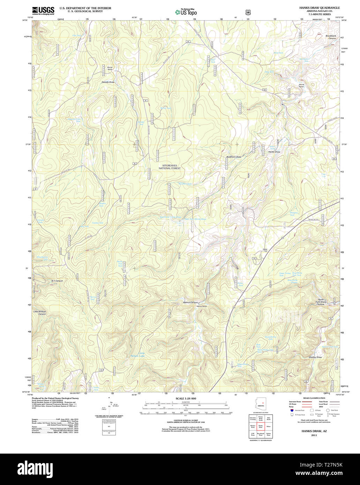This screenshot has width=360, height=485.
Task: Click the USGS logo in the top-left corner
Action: tap(43, 10)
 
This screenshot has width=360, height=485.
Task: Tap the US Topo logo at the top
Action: tap(186, 12)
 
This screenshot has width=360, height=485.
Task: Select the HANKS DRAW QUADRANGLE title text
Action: tap(319, 8)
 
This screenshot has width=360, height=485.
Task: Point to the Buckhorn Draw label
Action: tap(234, 157)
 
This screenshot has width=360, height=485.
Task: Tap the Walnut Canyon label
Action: tap(190, 303)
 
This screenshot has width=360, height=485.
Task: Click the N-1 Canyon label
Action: tap(57, 281)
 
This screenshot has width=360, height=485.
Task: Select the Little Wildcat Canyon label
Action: tap(40, 313)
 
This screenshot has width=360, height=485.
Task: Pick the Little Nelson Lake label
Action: tap(141, 354)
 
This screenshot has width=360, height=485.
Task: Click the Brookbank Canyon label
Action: tap(331, 37)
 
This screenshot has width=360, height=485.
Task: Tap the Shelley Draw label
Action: tap(315, 357)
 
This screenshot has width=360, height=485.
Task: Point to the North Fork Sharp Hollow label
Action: tap(321, 302)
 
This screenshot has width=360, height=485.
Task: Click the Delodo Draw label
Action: tap(108, 82)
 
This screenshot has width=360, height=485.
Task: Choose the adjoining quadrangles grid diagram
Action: tap(261, 426)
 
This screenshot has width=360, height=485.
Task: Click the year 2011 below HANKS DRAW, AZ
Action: tap(314, 435)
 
